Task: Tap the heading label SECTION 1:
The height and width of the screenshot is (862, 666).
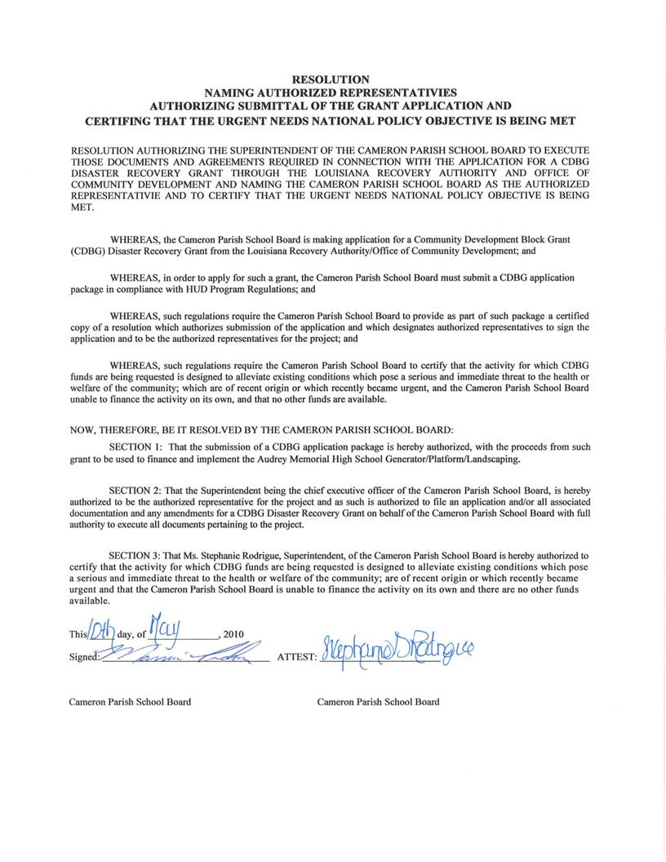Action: pyautogui.click(x=135, y=447)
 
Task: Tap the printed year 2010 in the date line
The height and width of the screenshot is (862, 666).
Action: pyautogui.click(x=233, y=634)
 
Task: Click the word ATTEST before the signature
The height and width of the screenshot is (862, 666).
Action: pyautogui.click(x=296, y=656)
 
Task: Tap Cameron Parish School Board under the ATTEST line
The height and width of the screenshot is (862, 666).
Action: pyautogui.click(x=378, y=702)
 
